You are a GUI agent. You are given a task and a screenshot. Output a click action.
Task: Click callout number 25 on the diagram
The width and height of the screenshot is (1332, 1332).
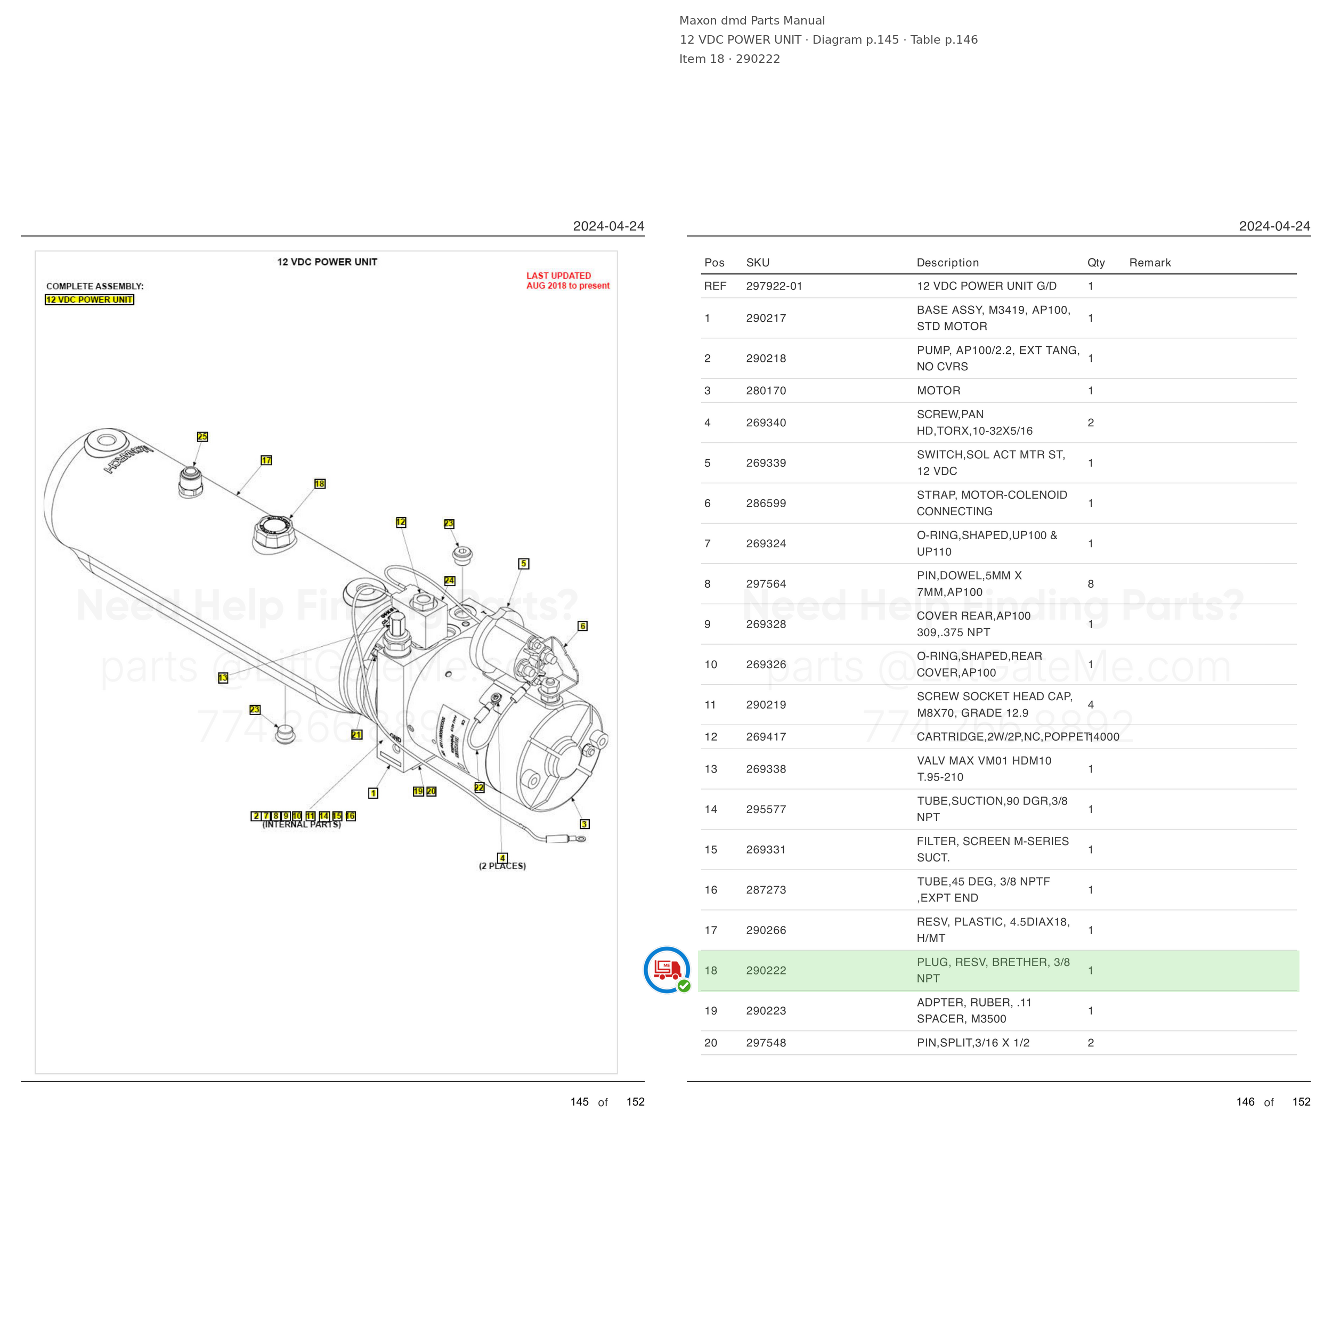202,436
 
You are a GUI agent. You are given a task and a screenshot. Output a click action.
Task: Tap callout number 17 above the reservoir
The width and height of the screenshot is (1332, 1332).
266,460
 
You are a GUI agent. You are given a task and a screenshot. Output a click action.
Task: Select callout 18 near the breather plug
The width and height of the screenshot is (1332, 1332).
320,483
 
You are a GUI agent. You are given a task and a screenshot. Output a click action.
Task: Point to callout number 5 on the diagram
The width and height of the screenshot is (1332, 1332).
524,563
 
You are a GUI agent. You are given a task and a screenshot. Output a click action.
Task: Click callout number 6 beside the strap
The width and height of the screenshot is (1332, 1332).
582,626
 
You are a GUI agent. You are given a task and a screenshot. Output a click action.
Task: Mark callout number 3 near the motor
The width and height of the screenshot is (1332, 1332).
584,824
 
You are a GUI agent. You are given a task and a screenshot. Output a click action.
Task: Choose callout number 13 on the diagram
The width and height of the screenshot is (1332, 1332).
223,678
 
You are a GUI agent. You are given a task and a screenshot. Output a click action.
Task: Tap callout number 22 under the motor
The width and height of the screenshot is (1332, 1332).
479,787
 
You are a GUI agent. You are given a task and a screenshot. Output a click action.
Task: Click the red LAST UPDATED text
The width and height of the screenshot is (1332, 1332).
559,276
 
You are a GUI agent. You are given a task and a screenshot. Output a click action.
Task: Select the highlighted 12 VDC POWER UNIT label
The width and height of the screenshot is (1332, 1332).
90,299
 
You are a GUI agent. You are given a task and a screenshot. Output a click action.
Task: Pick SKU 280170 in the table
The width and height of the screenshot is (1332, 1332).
766,390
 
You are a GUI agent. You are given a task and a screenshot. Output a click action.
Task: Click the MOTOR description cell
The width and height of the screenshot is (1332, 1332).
938,390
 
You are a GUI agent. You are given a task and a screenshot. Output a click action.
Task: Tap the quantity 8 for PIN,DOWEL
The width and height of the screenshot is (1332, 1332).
1091,584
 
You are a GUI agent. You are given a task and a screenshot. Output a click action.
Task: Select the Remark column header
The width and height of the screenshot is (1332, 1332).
1150,263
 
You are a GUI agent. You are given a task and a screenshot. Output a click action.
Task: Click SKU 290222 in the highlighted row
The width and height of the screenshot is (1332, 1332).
766,970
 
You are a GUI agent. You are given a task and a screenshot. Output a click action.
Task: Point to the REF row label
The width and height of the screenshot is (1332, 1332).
715,286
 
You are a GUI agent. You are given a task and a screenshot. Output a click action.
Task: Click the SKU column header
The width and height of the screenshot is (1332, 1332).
758,263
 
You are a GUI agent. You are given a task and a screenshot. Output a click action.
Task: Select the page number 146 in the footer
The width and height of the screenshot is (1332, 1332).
1245,1102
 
